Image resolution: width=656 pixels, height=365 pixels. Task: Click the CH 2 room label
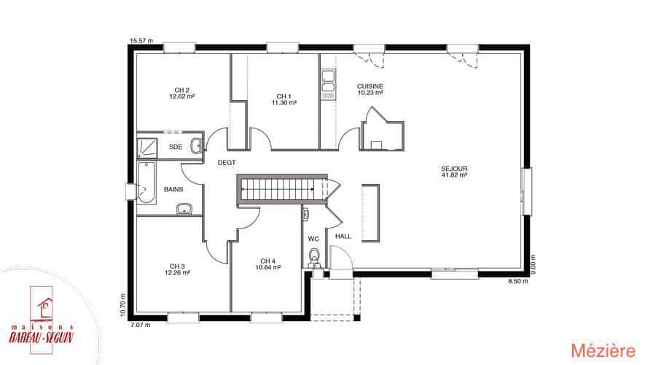click(182, 90)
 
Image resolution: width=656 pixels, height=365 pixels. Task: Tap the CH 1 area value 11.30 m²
click(284, 103)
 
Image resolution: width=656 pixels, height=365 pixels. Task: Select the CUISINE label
click(370, 86)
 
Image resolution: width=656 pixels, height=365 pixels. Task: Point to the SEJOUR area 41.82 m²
click(454, 175)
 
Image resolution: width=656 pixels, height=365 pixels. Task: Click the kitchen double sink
click(328, 81)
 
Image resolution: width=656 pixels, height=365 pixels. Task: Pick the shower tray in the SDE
click(147, 148)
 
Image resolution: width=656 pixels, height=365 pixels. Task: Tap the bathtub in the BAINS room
click(147, 182)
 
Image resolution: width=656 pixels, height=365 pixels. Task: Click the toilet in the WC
click(313, 255)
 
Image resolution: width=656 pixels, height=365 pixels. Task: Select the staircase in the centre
click(282, 189)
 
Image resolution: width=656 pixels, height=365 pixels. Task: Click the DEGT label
click(227, 163)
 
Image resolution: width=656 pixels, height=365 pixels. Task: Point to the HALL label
click(343, 237)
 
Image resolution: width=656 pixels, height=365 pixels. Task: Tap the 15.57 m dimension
click(141, 41)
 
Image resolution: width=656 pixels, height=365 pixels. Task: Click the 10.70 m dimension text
click(122, 304)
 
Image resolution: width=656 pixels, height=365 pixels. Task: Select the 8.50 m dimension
click(518, 282)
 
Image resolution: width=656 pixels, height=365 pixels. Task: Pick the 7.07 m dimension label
click(141, 325)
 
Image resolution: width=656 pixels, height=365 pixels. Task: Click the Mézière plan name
click(604, 350)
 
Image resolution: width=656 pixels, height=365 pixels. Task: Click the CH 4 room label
click(268, 261)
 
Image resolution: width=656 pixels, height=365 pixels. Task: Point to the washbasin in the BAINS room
click(184, 209)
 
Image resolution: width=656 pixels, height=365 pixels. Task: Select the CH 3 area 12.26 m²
click(177, 272)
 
